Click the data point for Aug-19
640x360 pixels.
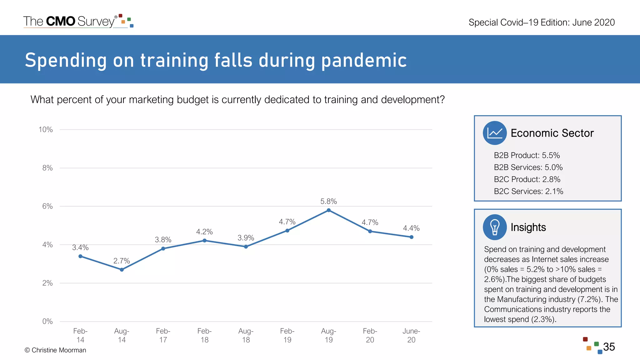click(328, 210)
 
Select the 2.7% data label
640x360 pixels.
click(122, 261)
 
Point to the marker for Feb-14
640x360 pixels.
click(80, 256)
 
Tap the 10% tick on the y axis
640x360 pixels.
click(46, 130)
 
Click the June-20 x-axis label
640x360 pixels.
click(411, 335)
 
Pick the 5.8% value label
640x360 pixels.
click(328, 202)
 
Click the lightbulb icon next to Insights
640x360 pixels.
click(494, 227)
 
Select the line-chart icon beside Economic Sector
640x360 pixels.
click(494, 133)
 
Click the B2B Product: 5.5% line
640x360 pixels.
click(527, 155)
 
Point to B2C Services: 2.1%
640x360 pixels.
click(528, 191)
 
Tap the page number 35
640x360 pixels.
click(609, 347)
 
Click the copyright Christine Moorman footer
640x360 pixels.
click(55, 350)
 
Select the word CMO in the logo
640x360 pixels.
click(61, 21)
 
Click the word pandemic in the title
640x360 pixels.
click(364, 60)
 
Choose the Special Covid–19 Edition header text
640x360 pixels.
click(541, 22)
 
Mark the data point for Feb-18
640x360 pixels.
click(204, 241)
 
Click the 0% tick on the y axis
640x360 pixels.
click(47, 322)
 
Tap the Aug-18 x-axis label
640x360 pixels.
click(246, 335)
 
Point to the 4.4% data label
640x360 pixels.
click(411, 228)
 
